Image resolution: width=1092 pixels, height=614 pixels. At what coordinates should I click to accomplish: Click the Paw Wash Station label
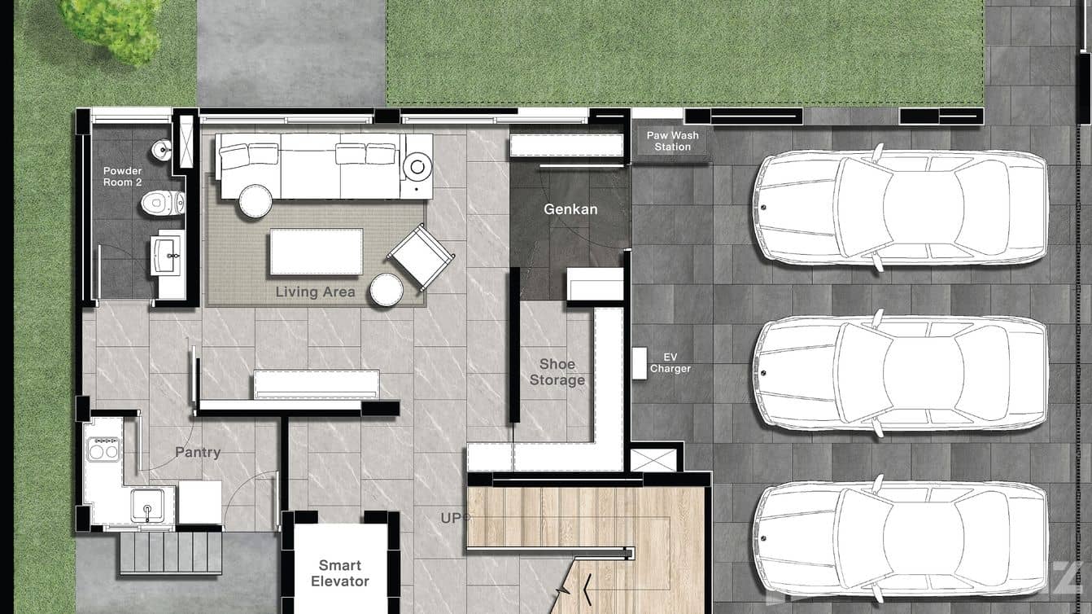tap(672, 141)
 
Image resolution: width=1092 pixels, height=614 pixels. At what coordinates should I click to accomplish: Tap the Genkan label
tap(570, 209)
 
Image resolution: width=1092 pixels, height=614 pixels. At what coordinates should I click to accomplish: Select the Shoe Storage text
tap(557, 372)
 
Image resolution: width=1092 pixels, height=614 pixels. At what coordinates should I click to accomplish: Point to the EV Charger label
tap(670, 363)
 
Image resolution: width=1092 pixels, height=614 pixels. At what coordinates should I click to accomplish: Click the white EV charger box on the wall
tap(639, 362)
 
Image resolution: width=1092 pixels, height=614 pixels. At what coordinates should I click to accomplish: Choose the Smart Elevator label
tap(340, 573)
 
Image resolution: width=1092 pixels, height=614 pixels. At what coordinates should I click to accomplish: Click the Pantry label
tap(198, 452)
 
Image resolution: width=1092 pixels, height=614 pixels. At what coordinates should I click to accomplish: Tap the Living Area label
tap(315, 292)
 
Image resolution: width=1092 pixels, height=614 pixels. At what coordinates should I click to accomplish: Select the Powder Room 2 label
tap(122, 177)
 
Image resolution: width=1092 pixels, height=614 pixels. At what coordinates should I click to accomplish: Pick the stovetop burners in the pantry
tap(103, 449)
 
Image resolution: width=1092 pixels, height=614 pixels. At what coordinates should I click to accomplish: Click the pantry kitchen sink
tap(148, 505)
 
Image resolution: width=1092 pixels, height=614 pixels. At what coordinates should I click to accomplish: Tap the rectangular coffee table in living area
tap(317, 252)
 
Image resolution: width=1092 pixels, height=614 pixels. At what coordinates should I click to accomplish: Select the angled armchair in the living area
tap(421, 257)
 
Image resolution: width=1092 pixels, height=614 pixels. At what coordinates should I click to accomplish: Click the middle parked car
tap(900, 372)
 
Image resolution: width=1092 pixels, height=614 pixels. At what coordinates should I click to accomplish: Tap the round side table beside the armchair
tap(386, 290)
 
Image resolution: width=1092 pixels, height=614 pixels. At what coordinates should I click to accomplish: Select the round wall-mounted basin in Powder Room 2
tap(163, 150)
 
